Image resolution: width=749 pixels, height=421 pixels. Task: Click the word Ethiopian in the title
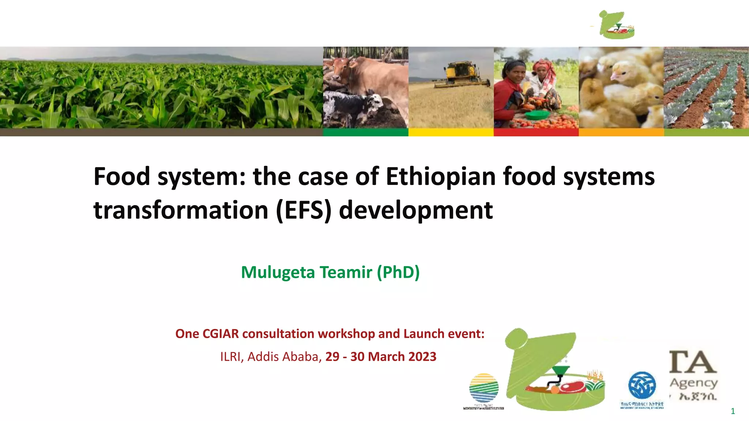[x=441, y=177]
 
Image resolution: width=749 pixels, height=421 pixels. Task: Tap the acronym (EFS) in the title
[x=304, y=210]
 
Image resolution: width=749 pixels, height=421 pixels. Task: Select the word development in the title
[x=416, y=210]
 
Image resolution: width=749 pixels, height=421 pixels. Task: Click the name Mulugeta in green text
[x=278, y=272]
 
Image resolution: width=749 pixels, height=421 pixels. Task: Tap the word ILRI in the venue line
[x=230, y=356]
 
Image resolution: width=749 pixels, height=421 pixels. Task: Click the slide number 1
[x=733, y=411]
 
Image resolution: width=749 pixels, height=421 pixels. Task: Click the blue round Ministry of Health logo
[x=642, y=386]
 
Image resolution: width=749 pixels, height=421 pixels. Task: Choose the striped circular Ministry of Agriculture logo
[x=483, y=388]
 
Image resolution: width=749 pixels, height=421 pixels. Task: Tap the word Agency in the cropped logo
[x=694, y=383]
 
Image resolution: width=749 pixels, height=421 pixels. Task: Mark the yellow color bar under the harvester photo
[x=451, y=132]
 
